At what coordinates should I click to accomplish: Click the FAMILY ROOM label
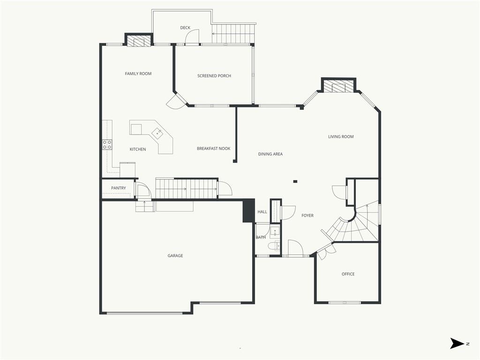[x=138, y=74]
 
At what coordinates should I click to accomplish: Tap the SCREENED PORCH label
[x=214, y=75]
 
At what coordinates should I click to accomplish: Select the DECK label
[x=185, y=28]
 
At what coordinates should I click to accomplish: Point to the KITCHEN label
[x=138, y=149]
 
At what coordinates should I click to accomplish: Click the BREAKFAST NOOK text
[x=213, y=149]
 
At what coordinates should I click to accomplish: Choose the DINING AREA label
[x=270, y=154]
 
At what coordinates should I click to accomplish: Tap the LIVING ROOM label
[x=341, y=136]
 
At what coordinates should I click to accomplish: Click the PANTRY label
[x=119, y=188]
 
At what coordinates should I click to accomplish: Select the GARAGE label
[x=175, y=255]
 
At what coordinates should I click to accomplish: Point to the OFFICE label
[x=348, y=274]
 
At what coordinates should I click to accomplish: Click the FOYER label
[x=307, y=216]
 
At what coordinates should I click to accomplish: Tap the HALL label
[x=262, y=211]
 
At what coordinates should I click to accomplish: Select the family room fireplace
[x=139, y=42]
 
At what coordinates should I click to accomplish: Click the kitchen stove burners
[x=107, y=145]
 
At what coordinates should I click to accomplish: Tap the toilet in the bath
[x=273, y=246]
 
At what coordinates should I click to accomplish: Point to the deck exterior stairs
[x=233, y=34]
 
